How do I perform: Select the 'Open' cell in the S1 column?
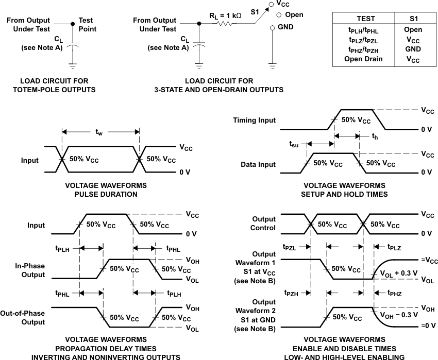[x=413, y=30]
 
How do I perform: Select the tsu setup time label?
[x=292, y=145]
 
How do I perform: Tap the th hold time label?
[x=375, y=136]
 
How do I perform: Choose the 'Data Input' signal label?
[x=258, y=164]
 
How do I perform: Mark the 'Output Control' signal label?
[x=264, y=224]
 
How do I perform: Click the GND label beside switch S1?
[x=287, y=26]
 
